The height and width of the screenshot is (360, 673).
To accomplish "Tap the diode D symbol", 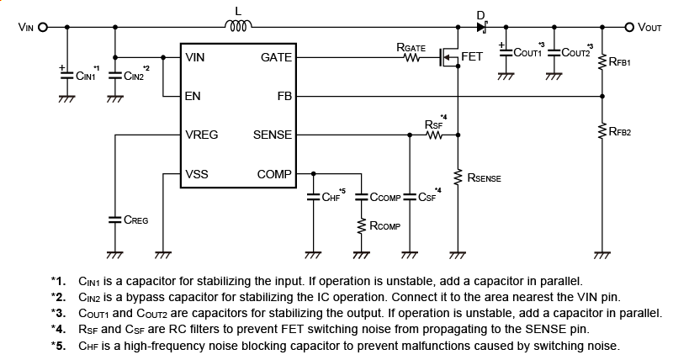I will (482, 27).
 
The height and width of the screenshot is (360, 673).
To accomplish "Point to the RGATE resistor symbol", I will (412, 59).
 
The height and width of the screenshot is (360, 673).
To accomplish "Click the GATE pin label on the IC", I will (276, 57).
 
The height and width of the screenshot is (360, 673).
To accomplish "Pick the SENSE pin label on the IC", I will (272, 135).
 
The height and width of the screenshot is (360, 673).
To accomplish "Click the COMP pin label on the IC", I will (274, 174).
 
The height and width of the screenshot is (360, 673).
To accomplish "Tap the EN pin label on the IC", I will (193, 96).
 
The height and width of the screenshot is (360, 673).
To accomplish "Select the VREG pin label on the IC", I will (202, 135).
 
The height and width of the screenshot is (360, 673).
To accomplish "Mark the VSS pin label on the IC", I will (197, 174).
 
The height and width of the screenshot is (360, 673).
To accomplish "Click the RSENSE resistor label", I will (485, 178).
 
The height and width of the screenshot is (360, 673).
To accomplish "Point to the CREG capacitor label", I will (135, 220).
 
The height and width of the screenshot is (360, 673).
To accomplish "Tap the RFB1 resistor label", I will (620, 62).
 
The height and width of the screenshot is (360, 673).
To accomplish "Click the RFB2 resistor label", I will (620, 131).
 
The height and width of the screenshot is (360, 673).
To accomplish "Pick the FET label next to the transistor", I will (472, 57).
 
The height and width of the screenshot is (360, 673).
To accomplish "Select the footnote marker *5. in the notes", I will (58, 345).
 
